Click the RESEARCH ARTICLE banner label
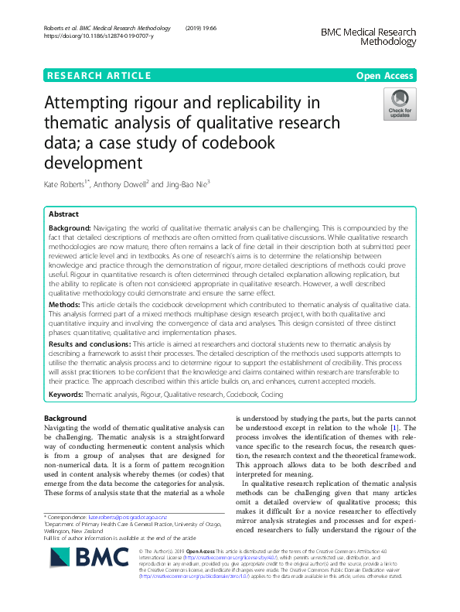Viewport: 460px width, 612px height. click(99, 75)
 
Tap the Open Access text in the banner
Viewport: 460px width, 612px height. click(385, 75)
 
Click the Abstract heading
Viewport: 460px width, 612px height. click(63, 214)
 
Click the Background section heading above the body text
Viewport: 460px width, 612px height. click(65, 419)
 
